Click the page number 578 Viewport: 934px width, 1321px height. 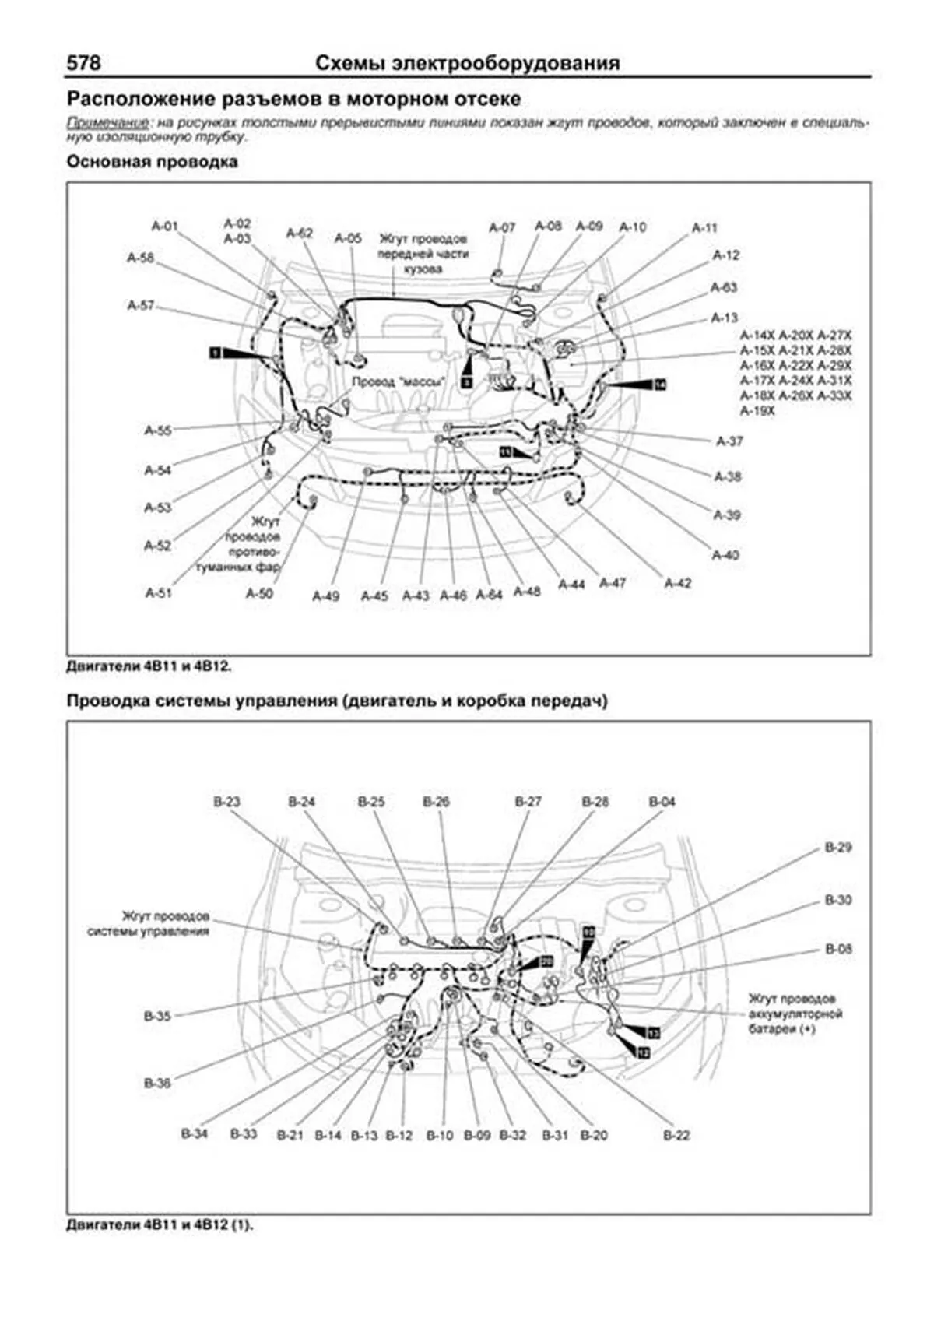coord(83,63)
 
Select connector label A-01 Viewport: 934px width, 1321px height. coord(164,227)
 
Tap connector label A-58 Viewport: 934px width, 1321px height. coord(141,258)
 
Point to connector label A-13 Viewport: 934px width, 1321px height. coord(724,318)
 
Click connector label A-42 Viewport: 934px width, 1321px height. coord(677,583)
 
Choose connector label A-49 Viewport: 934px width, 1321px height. coord(325,596)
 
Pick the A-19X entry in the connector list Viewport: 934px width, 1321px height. coord(757,411)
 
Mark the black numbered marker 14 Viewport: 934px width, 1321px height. coord(660,385)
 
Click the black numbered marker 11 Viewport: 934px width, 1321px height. coord(505,451)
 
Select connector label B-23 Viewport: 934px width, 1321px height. coord(226,802)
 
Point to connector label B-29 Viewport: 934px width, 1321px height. coord(838,848)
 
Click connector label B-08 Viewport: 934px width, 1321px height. coord(838,949)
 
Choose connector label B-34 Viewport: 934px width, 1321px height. coord(195,1133)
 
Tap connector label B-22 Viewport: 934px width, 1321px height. coord(676,1136)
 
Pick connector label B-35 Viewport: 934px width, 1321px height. coord(157,1016)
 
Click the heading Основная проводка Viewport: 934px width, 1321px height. coord(152,162)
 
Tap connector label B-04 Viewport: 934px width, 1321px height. coord(662,802)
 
